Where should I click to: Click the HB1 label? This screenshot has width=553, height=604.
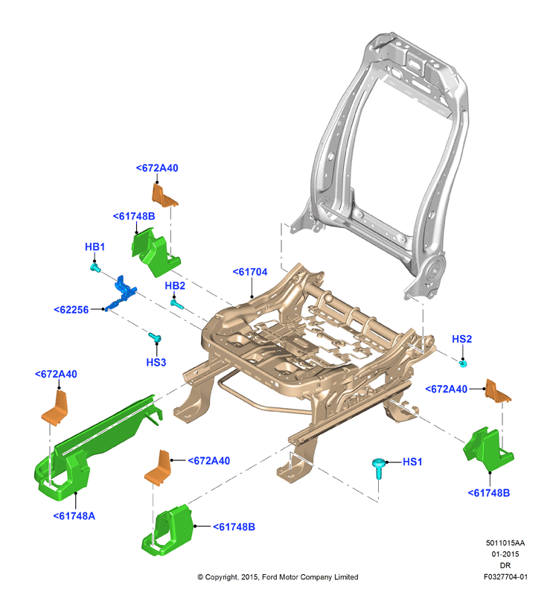click(95, 247)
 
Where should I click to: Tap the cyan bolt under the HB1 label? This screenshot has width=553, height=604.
click(95, 267)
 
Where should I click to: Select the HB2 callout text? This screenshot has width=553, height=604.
click(175, 286)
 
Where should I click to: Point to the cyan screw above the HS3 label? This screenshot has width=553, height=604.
click(155, 337)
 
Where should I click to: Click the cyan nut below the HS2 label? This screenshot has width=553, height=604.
click(463, 363)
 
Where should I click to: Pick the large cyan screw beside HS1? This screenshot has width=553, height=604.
click(379, 468)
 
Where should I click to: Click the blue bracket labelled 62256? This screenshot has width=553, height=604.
click(121, 293)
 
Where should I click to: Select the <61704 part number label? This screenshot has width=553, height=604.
click(250, 272)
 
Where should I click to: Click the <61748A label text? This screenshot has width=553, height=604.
click(74, 516)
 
